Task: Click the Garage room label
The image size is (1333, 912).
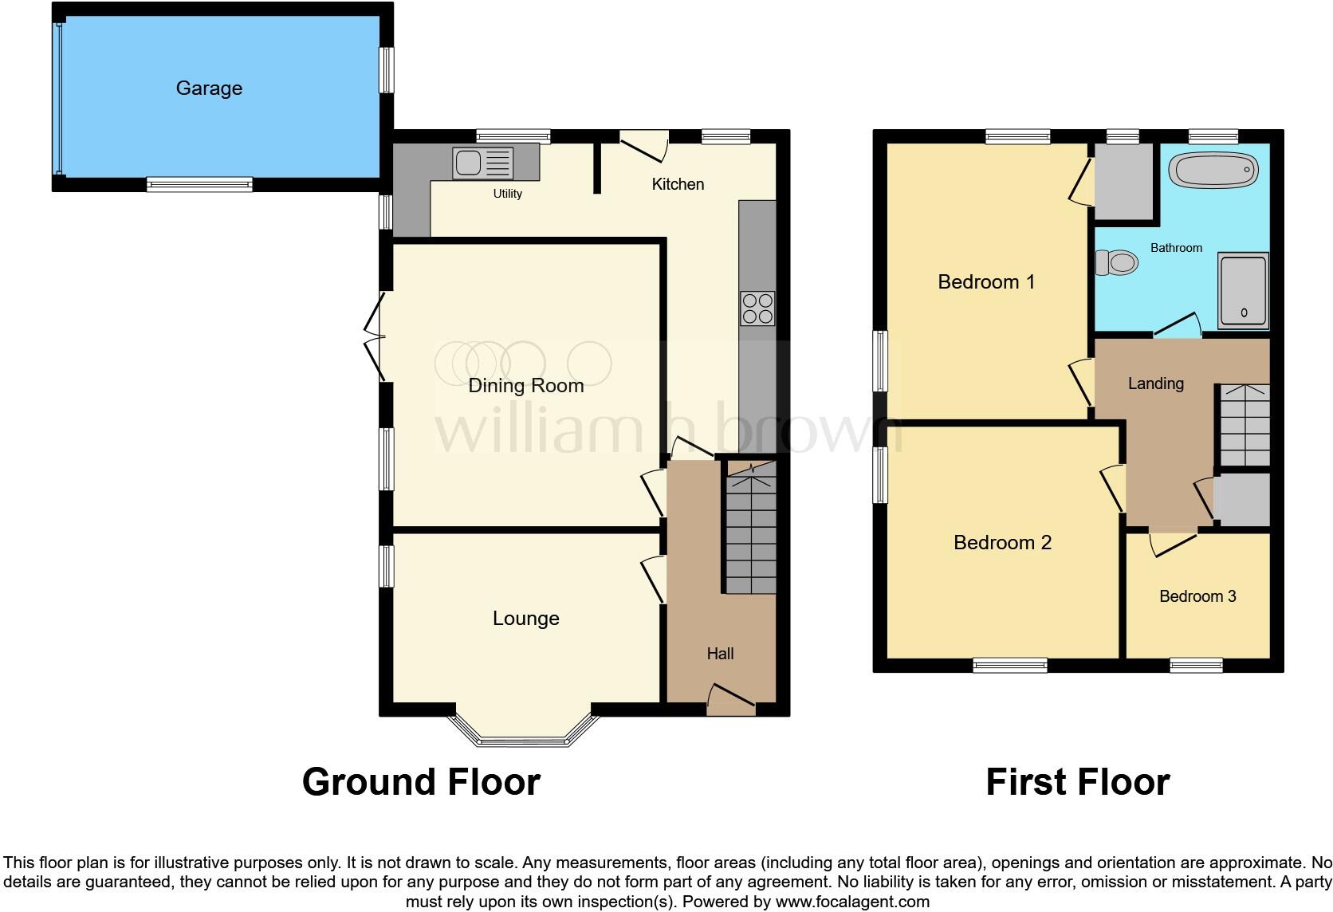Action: [x=209, y=88]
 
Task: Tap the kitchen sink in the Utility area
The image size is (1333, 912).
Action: [x=482, y=163]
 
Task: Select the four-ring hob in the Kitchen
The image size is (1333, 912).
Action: [x=757, y=309]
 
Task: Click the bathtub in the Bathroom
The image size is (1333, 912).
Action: [x=1213, y=170]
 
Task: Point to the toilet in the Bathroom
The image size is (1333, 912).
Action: [x=1116, y=261]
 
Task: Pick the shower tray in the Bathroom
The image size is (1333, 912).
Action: [x=1243, y=291]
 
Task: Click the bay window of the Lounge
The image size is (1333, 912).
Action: [x=524, y=733]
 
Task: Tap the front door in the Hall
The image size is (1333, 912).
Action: [x=731, y=699]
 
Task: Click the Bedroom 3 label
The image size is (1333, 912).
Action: [x=1197, y=596]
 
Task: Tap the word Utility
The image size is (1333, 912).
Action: [x=507, y=194]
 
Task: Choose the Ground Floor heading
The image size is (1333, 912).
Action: [x=421, y=782]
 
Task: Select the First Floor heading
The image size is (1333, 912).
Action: [x=1077, y=782]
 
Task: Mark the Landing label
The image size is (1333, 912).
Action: [x=1155, y=383]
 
